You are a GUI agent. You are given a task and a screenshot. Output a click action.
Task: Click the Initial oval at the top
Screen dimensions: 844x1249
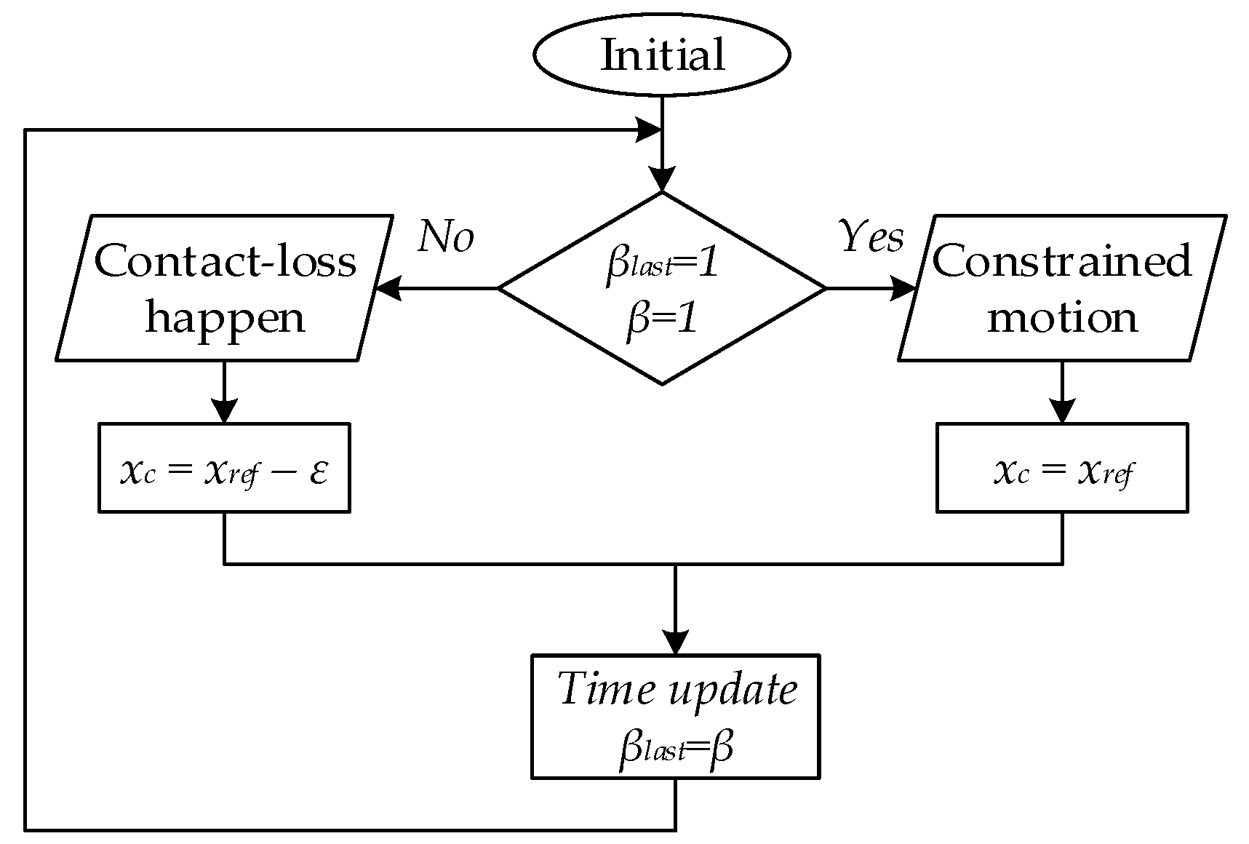coord(661,55)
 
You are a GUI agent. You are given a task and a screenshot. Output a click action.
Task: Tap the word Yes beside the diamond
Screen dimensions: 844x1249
coord(871,236)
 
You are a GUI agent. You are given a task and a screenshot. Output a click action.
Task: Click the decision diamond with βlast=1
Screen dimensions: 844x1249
coord(661,288)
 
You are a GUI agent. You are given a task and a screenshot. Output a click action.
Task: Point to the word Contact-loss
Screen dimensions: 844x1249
coord(225,260)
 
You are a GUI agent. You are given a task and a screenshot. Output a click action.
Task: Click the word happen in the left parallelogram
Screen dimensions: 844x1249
coord(225,318)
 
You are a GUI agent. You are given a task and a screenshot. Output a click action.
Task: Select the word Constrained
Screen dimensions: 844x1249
coord(1061,260)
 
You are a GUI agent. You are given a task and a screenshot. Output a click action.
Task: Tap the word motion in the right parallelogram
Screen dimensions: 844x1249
coord(1061,318)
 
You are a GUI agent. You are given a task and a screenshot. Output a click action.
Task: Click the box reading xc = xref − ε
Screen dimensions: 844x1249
coord(224,468)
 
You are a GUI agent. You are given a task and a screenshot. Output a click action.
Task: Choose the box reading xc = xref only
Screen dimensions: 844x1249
coord(1061,468)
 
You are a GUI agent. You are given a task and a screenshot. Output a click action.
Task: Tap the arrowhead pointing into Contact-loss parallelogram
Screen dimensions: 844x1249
coord(388,289)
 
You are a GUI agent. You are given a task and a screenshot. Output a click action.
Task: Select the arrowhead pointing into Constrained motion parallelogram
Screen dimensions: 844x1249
coord(903,289)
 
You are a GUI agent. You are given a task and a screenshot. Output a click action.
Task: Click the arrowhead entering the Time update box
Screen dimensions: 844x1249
coord(676,642)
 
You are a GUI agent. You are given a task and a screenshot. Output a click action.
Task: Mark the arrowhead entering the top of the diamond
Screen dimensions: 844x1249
coord(661,179)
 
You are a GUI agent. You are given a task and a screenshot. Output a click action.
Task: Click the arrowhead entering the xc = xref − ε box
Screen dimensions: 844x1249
coord(224,411)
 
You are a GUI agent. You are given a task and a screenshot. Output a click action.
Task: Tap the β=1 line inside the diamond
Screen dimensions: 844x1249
coord(661,319)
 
